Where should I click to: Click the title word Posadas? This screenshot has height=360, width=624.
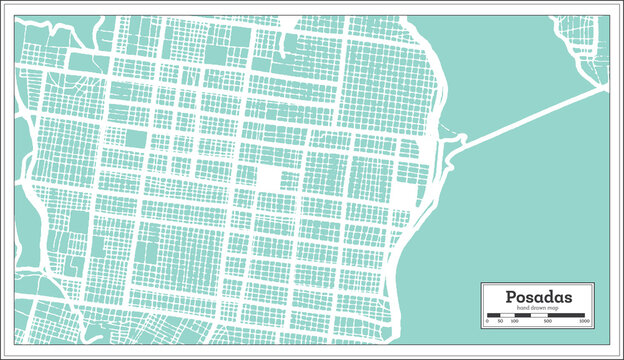click(x=538, y=297)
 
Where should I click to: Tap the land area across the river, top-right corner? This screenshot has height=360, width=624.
click(x=589, y=40)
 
